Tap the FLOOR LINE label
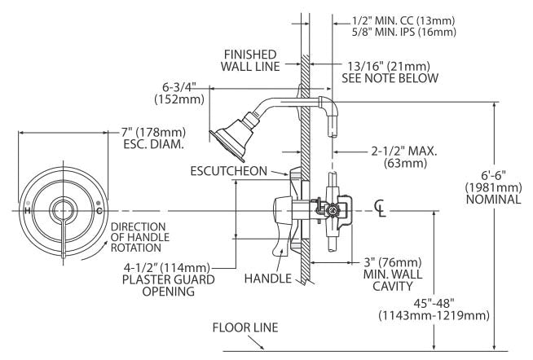click(x=245, y=327)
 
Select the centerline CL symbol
click(x=381, y=208)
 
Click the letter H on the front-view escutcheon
click(x=28, y=211)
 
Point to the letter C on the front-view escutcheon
click(x=99, y=211)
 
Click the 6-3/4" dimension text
click(x=179, y=87)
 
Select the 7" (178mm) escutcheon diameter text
click(x=154, y=132)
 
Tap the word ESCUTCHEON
click(x=229, y=171)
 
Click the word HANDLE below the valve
click(x=268, y=279)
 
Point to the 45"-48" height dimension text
click(x=434, y=302)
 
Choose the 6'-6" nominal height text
click(x=494, y=175)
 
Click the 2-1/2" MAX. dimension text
click(x=404, y=151)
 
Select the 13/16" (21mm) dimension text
click(x=389, y=66)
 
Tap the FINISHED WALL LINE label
click(x=250, y=60)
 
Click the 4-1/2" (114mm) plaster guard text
click(x=166, y=268)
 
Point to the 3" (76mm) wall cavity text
click(x=393, y=262)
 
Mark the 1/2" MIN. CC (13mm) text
click(x=403, y=20)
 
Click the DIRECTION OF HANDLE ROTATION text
click(x=140, y=237)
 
